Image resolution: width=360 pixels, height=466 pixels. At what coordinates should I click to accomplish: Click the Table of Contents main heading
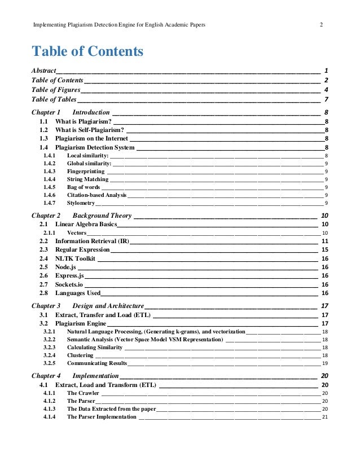tap(87, 52)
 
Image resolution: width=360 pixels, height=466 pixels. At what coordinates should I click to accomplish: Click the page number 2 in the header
tap(321, 25)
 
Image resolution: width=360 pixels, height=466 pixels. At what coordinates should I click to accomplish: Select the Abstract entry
tap(43, 71)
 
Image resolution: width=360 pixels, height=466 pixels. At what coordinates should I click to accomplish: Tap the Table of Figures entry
tap(56, 90)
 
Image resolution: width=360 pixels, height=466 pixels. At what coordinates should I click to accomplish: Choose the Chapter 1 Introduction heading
tap(71, 112)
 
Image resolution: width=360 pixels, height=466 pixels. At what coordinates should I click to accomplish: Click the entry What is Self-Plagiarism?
tap(90, 130)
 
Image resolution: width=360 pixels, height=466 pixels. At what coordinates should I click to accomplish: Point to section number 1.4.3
tap(49, 171)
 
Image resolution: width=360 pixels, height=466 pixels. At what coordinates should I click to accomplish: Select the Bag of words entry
tap(84, 187)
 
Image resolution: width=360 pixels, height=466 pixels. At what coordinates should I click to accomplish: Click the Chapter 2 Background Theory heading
tap(82, 216)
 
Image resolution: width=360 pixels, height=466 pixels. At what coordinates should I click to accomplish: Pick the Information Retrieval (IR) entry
tap(92, 241)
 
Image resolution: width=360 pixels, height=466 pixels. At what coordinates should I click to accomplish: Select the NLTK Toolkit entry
tap(75, 258)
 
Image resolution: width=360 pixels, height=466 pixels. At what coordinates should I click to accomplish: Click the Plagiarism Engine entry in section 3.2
tap(80, 323)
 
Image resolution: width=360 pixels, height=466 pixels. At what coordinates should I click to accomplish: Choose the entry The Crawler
tap(83, 393)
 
